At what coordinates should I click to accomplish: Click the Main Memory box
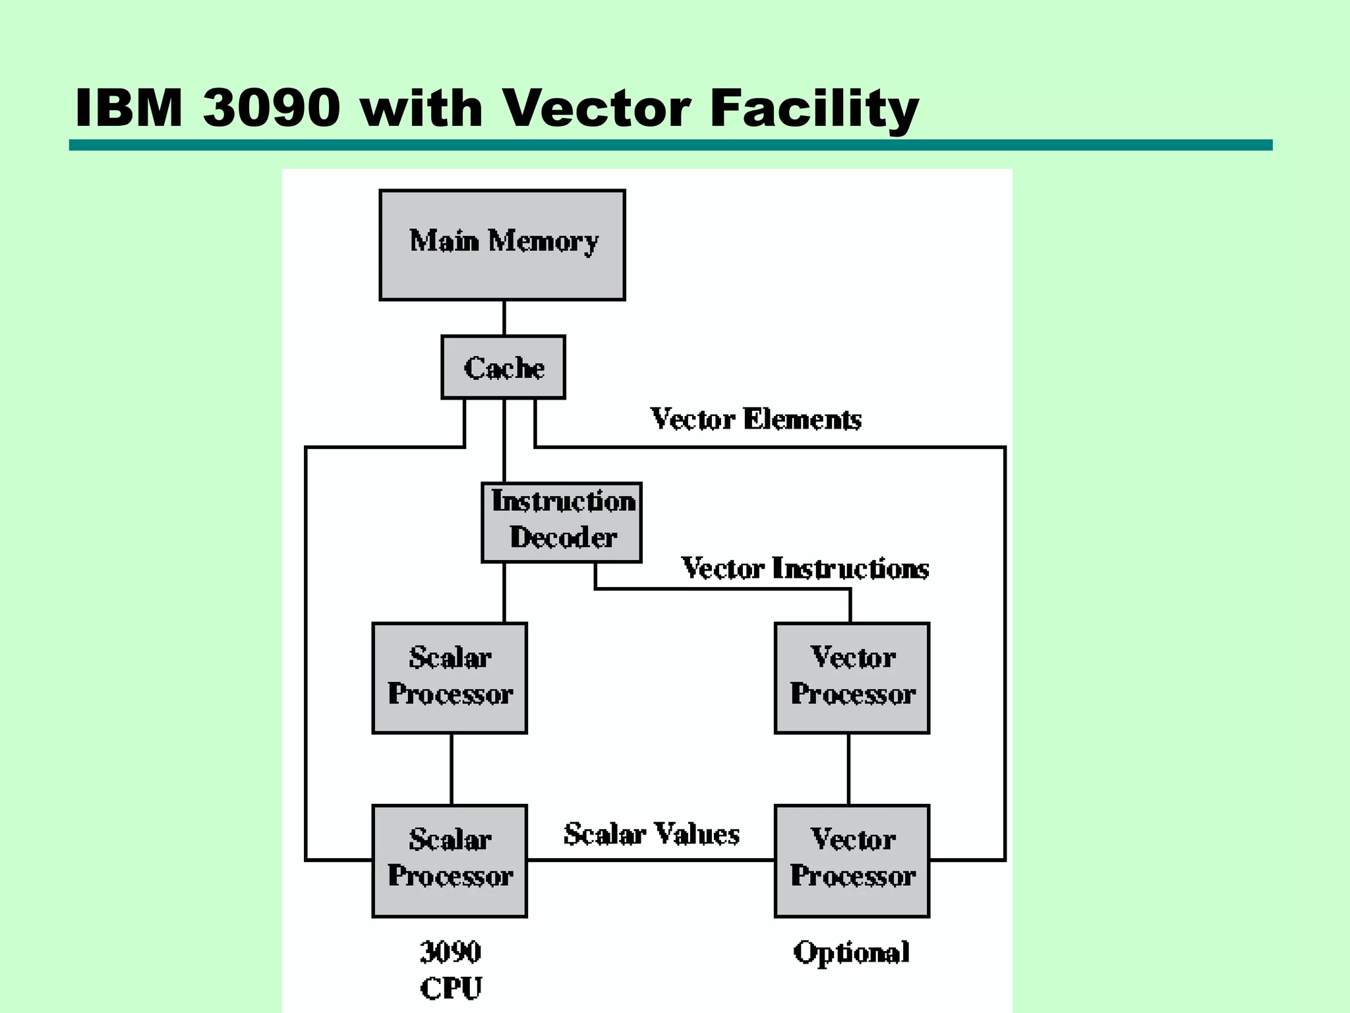tap(502, 245)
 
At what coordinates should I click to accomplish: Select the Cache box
tap(503, 367)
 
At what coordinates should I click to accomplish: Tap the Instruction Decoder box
tap(562, 522)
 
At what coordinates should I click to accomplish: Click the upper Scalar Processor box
tap(450, 677)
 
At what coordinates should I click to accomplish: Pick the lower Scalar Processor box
tap(450, 860)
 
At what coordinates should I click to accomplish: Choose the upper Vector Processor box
tap(852, 677)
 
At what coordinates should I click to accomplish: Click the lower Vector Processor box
tap(852, 860)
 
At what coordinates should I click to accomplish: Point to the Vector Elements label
tap(755, 419)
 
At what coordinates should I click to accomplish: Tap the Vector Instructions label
tap(804, 568)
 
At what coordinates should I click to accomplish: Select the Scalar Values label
tap(651, 834)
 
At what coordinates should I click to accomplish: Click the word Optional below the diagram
tap(851, 952)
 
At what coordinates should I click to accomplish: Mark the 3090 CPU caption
tap(451, 969)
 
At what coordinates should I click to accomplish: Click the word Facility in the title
tap(814, 109)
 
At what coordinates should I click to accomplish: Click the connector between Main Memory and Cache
tap(504, 318)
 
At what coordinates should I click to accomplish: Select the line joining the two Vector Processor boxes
tap(848, 769)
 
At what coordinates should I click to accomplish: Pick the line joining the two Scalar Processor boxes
tap(452, 769)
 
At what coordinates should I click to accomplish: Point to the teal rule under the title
tap(670, 145)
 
